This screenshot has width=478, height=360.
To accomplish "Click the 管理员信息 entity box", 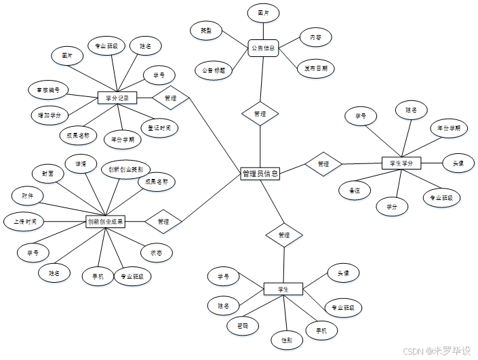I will (260, 174).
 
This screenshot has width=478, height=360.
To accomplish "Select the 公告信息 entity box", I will (263, 48).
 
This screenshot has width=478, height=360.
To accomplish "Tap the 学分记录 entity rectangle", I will (117, 98).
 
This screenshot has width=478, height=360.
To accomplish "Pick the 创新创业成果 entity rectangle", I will (105, 221).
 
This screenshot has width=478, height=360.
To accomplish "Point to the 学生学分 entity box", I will (401, 163).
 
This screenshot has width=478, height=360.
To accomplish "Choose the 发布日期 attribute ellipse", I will (316, 68).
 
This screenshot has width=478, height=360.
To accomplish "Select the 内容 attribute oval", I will (315, 37).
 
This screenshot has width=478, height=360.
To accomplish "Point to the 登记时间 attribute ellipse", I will (159, 127).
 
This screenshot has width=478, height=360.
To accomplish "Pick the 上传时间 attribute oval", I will (24, 221).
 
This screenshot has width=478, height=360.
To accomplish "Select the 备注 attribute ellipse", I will (354, 191).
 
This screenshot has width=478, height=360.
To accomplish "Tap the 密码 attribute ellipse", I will (242, 325).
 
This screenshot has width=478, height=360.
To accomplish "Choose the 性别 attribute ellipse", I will (286, 339).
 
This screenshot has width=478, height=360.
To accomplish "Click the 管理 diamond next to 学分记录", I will (170, 98).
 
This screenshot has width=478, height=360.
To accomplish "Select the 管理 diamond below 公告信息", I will (260, 114).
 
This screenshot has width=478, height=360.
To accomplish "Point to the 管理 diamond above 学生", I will (284, 235).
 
